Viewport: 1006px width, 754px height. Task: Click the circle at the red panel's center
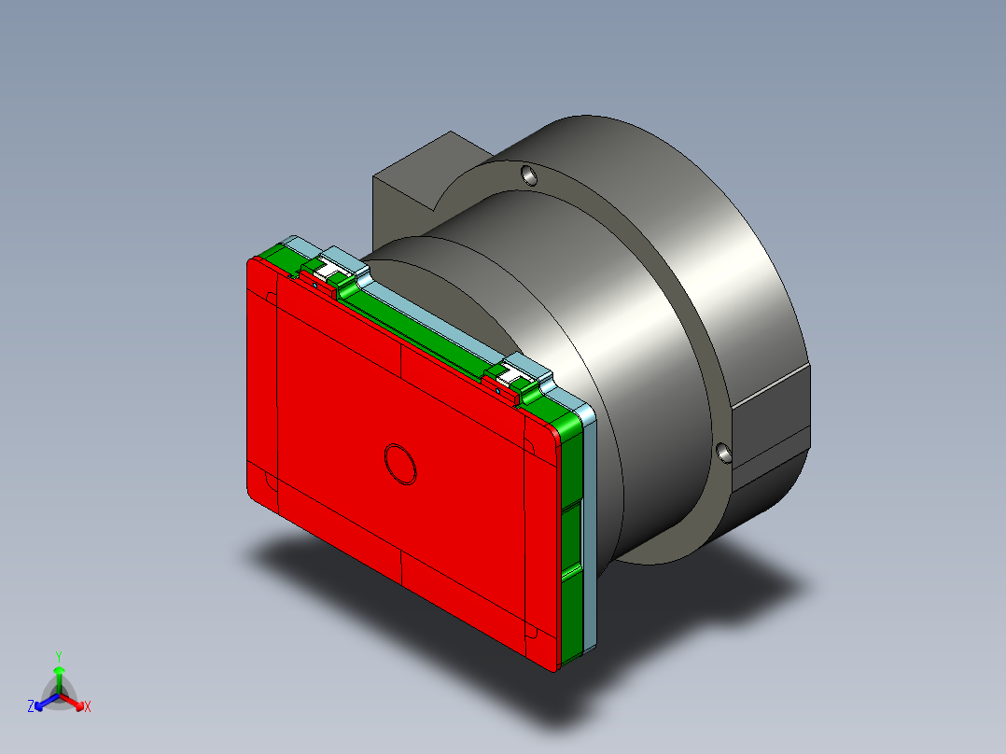click(402, 464)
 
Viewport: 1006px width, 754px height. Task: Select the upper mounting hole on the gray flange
click(528, 175)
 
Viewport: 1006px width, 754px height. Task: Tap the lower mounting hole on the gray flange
click(724, 453)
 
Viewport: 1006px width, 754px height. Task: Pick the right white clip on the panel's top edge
click(514, 376)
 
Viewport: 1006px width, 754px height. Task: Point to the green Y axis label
click(58, 656)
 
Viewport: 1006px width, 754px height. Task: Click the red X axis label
click(88, 707)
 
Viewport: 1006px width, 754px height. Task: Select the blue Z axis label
click(31, 707)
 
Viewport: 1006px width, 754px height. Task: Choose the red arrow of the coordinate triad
click(75, 701)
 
